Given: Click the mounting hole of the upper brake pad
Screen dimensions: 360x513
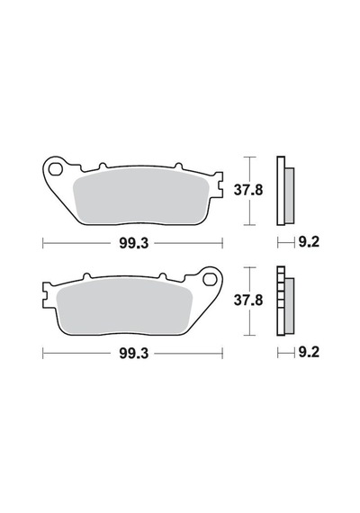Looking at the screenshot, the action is coord(55,169).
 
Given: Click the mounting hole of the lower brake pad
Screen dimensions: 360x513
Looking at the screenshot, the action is coord(210,280).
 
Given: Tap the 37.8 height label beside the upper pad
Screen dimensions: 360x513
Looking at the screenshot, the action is coord(248,190).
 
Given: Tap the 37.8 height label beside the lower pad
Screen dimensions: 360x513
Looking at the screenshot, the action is coord(248,301).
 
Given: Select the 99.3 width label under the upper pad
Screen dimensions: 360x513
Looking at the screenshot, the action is coord(134,243).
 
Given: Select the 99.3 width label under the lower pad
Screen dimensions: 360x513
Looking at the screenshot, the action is coord(134,354).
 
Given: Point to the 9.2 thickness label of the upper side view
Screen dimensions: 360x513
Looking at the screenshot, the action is coord(309,242).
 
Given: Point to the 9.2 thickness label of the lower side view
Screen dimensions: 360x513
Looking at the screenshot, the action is coord(309,353).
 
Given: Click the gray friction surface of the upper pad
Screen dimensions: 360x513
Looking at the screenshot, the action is coord(141,196).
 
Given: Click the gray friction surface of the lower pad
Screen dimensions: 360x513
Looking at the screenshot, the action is coord(124,307).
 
